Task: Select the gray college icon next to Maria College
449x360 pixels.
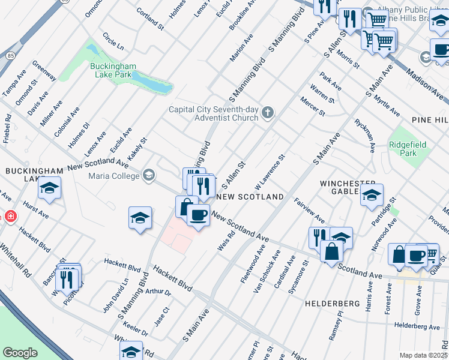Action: pos(148,175)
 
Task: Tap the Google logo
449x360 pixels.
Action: pos(20,353)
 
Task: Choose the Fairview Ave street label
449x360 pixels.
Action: pos(309,211)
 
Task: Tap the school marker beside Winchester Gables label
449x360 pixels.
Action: pos(372,194)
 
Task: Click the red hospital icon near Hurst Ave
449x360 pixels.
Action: pos(10,216)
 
